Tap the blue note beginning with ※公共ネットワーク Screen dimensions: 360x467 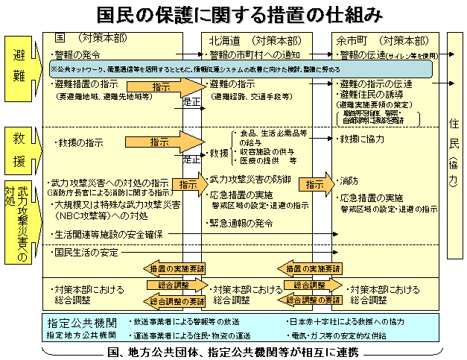pyautogui.click(x=223, y=69)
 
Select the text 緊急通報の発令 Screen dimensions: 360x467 pyautogui.click(x=241, y=222)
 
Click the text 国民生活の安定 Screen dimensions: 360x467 pyautogui.click(x=87, y=253)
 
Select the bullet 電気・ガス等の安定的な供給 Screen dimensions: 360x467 pyautogui.click(x=339, y=335)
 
